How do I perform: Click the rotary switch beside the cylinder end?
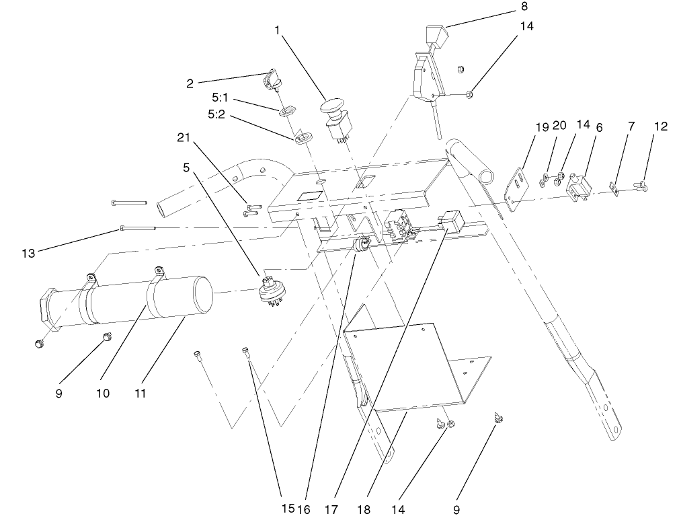272,293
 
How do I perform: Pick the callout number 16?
307,509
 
